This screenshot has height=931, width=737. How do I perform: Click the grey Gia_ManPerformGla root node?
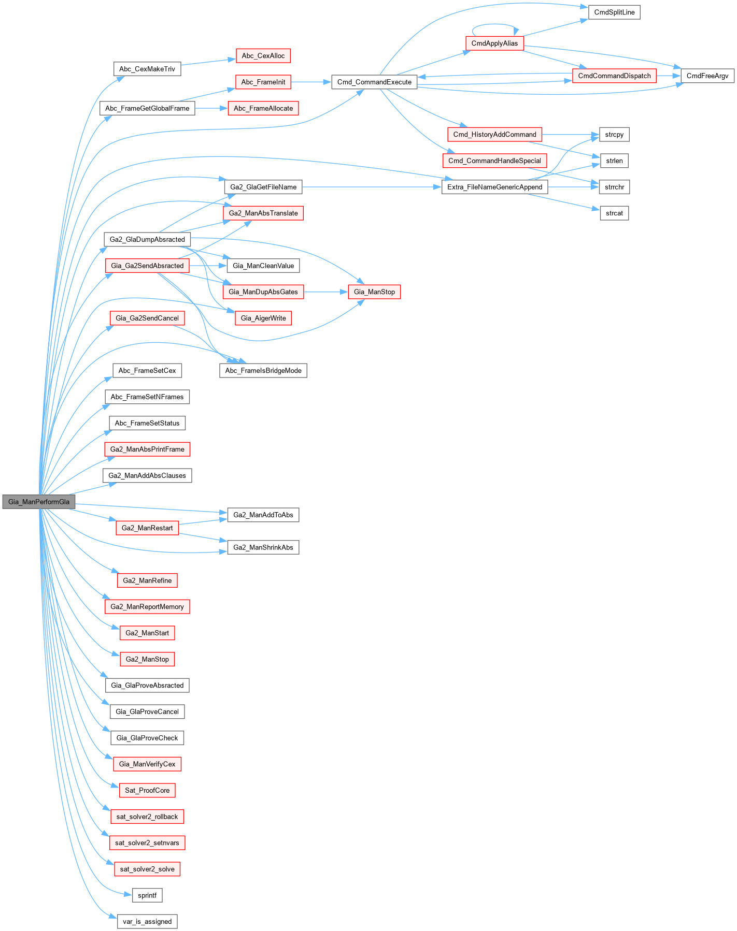click(39, 502)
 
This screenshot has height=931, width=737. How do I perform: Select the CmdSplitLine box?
click(614, 12)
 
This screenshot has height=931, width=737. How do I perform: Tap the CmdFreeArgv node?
click(707, 76)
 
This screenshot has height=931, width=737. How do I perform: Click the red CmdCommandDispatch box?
click(614, 76)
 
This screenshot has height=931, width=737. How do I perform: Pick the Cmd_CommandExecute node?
click(374, 82)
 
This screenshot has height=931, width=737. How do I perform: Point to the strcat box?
click(614, 213)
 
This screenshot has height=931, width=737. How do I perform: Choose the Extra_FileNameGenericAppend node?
click(494, 187)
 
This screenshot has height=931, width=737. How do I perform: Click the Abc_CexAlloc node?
click(263, 55)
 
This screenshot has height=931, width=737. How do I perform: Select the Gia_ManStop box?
click(374, 292)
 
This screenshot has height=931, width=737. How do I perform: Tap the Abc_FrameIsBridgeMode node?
click(263, 371)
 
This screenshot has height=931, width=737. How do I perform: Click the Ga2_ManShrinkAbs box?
click(263, 547)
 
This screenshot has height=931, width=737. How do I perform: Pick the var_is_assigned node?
click(147, 922)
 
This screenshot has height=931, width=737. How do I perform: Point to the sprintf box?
click(147, 895)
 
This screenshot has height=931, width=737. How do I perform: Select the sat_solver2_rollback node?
click(147, 817)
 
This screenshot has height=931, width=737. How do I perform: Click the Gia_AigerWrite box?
click(263, 318)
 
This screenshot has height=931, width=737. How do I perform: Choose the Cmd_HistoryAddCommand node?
click(494, 134)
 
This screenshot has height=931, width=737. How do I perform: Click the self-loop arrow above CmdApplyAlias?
click(494, 24)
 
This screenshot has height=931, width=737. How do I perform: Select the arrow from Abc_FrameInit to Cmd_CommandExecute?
click(311, 82)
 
